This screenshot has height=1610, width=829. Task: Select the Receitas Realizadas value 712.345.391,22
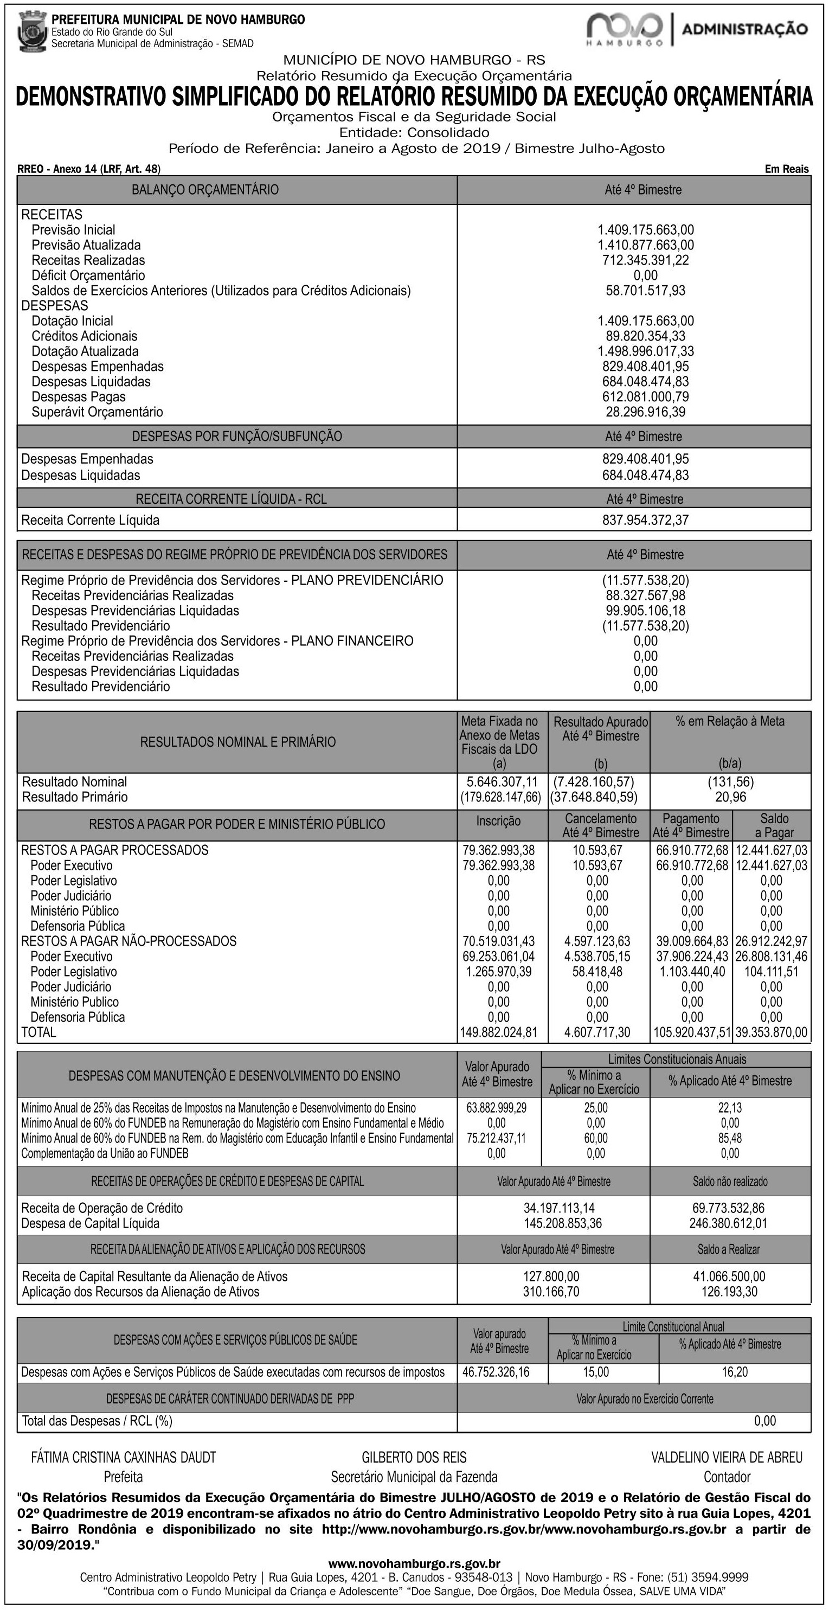tap(645, 260)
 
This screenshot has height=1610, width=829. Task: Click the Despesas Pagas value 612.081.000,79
tap(645, 397)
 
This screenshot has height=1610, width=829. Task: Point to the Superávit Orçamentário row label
tap(97, 412)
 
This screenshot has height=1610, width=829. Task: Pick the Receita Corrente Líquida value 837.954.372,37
tap(645, 520)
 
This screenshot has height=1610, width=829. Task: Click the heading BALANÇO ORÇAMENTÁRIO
tap(205, 189)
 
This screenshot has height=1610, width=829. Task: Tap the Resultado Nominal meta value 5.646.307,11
tap(502, 782)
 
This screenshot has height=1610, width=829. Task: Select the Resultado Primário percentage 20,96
tap(730, 797)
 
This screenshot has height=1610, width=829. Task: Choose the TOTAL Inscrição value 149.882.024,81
tap(498, 1032)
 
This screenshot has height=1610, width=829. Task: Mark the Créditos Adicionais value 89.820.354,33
tap(645, 336)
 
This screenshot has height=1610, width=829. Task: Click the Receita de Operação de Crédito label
tap(102, 1208)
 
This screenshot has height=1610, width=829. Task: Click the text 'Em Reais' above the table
tap(787, 169)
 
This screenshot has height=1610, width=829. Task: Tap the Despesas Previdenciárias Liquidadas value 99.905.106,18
tap(645, 611)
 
